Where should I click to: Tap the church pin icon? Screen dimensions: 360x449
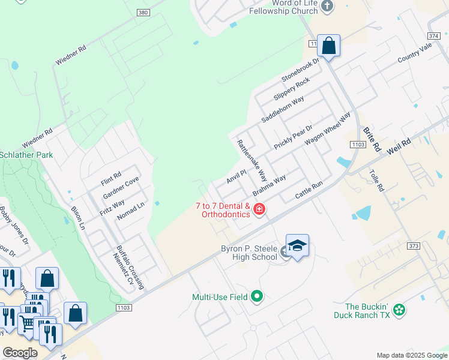tap(327, 7)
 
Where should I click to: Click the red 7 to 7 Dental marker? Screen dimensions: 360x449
tap(259, 209)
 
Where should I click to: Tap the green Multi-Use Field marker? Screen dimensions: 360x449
tap(257, 296)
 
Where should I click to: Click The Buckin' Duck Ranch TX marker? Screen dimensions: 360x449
tap(399, 310)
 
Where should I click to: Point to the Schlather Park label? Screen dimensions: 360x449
tap(26, 155)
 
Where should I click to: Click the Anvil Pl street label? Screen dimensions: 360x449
tap(237, 177)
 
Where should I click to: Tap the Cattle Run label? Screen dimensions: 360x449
tap(309, 191)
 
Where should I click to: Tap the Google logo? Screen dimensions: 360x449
tap(20, 353)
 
